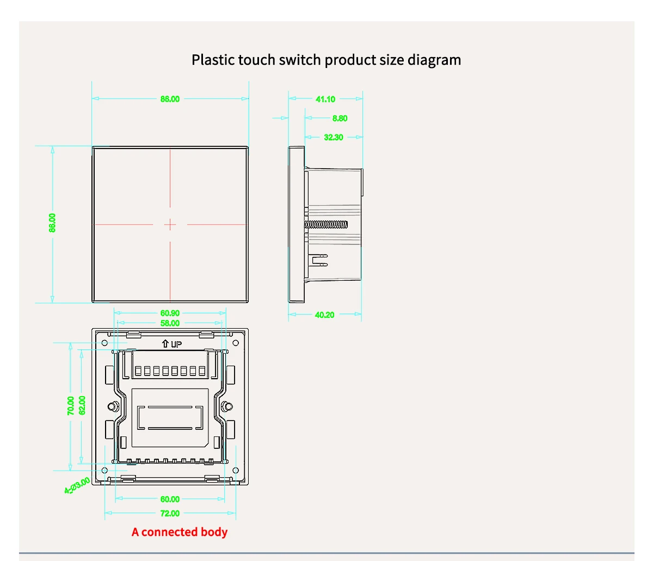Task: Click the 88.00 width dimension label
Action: pyautogui.click(x=170, y=99)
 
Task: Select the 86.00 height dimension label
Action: pyautogui.click(x=52, y=223)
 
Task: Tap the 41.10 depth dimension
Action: pyautogui.click(x=325, y=99)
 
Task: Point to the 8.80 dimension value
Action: pyautogui.click(x=340, y=118)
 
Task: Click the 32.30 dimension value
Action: pyautogui.click(x=334, y=137)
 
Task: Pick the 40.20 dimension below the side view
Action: pyautogui.click(x=325, y=315)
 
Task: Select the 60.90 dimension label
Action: pyautogui.click(x=170, y=313)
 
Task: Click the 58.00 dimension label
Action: pyautogui.click(x=170, y=323)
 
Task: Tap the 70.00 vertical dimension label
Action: pyautogui.click(x=71, y=406)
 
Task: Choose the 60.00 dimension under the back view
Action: pyautogui.click(x=170, y=499)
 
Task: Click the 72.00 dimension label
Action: pyautogui.click(x=170, y=513)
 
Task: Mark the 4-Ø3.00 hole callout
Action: pyautogui.click(x=77, y=485)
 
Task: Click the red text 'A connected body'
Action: pyautogui.click(x=180, y=532)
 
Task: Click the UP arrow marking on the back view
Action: pyautogui.click(x=171, y=344)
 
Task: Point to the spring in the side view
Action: pyautogui.click(x=326, y=224)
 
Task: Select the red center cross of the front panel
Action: pyautogui.click(x=170, y=224)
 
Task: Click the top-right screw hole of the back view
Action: pyautogui.click(x=236, y=343)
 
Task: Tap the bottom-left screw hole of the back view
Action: pyautogui.click(x=105, y=470)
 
